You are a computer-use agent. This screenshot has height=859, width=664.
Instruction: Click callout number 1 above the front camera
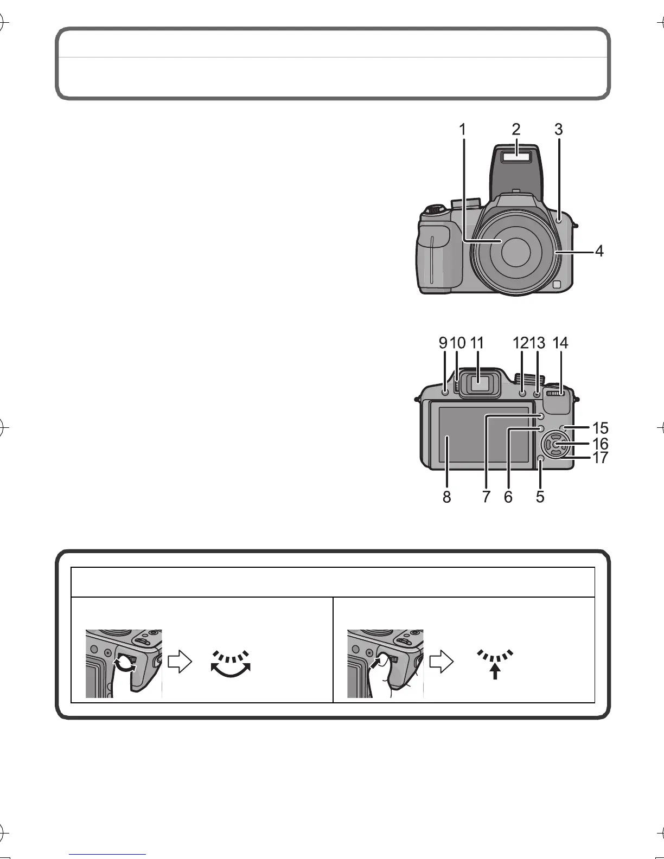(462, 130)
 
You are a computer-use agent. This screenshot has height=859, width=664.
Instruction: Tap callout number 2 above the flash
(516, 129)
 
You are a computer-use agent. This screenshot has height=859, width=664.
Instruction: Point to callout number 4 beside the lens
(599, 251)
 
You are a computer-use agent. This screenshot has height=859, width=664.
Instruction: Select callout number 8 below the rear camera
(446, 496)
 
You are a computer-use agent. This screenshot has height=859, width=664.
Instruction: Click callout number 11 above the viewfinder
(477, 343)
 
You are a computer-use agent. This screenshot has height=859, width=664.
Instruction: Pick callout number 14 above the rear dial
(560, 343)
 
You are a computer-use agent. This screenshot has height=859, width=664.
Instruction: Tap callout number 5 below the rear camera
(540, 496)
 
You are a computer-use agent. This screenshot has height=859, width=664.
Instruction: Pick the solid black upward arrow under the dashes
(494, 672)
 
